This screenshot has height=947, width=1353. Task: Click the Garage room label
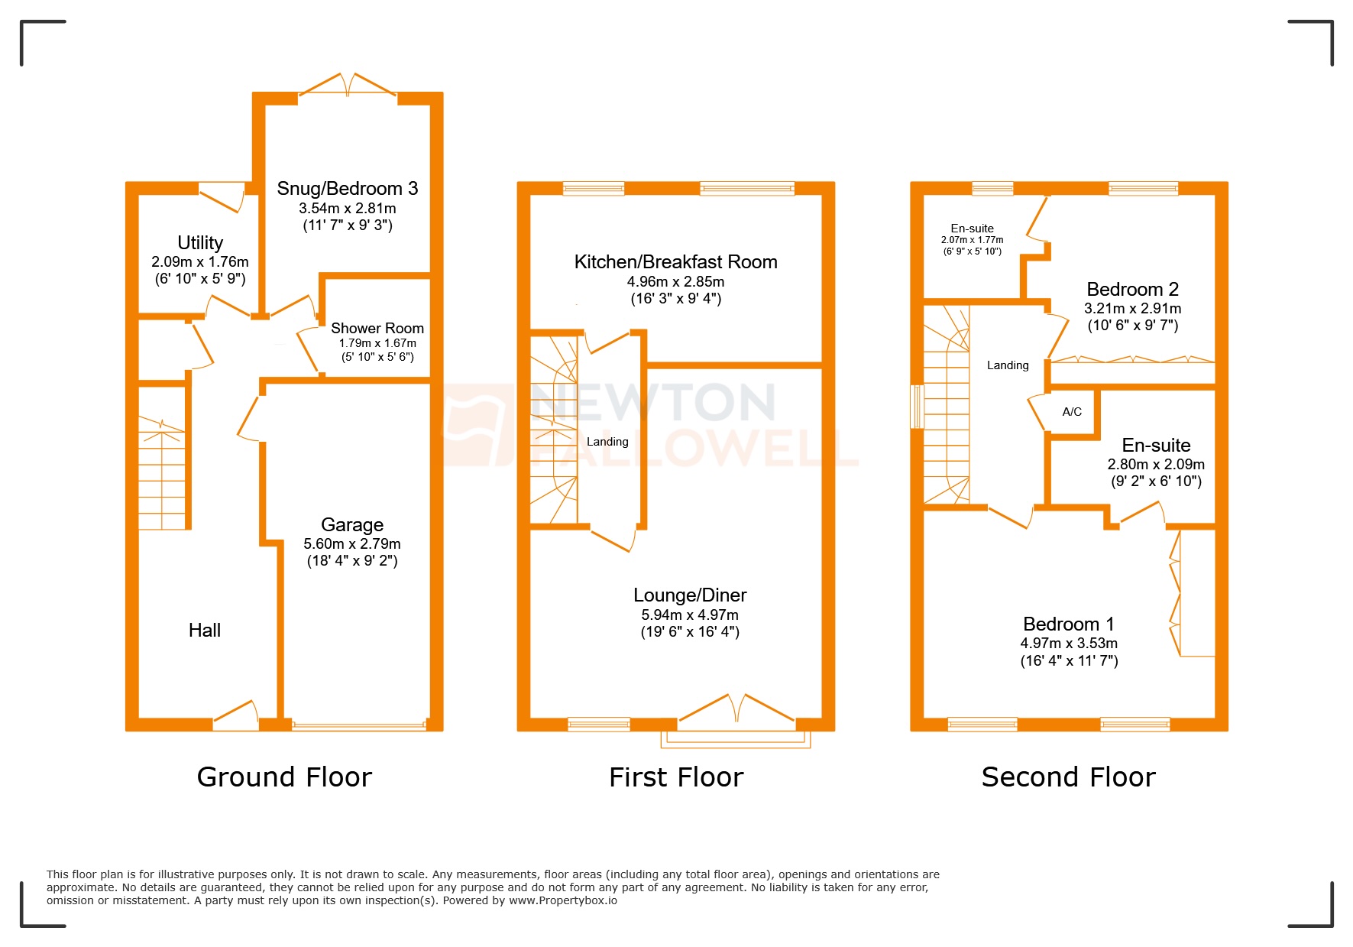click(351, 525)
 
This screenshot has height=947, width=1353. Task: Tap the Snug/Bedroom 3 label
click(347, 189)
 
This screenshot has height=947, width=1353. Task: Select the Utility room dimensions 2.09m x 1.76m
click(200, 261)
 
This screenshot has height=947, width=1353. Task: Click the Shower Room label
click(377, 328)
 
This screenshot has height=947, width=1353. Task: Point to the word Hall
click(205, 631)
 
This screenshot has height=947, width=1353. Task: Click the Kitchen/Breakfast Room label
click(675, 262)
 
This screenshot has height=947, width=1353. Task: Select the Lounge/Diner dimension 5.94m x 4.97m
click(689, 615)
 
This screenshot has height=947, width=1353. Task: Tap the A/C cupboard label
click(1072, 412)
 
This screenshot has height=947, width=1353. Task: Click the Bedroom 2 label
click(1132, 290)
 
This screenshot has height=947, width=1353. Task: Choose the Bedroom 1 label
click(1068, 624)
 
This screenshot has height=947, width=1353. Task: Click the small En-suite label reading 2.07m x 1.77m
click(972, 239)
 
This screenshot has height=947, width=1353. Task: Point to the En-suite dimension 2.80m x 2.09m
click(1155, 464)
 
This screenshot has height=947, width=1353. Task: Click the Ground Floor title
click(284, 777)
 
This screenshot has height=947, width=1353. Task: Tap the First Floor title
click(676, 777)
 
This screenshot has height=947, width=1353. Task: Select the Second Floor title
click(1068, 777)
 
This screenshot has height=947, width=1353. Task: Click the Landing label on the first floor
click(607, 442)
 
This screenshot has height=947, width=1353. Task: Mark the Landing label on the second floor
click(1008, 365)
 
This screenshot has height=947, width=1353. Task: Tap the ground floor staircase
click(162, 474)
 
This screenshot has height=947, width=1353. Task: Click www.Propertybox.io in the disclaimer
click(563, 901)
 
